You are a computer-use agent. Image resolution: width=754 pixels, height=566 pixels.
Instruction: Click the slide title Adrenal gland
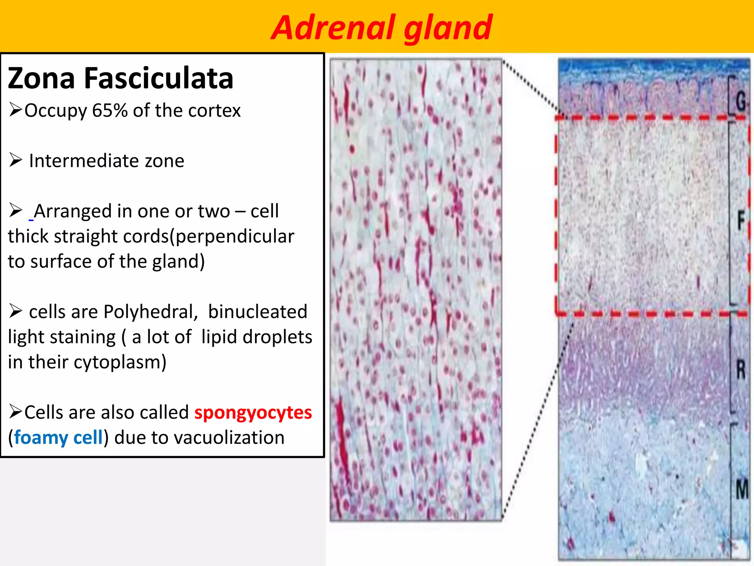381,28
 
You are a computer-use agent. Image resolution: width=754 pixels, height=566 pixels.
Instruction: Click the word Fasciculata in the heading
159,78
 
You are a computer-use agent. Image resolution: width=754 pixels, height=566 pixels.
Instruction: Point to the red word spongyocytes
253,412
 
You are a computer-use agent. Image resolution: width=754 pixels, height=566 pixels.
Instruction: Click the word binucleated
257,312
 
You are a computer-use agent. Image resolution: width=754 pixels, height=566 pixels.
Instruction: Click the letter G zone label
740,101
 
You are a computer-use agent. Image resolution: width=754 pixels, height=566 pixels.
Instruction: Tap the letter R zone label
740,370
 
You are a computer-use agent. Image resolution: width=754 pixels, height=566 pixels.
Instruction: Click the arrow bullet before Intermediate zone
16,160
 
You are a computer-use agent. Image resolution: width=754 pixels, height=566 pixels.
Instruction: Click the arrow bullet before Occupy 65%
16,110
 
